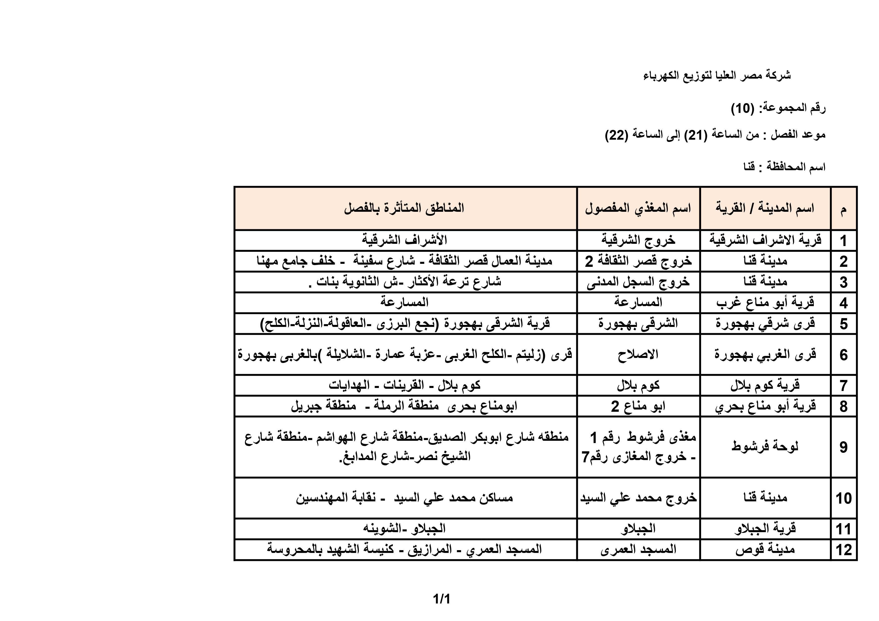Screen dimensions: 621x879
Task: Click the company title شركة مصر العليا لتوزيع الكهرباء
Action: (x=717, y=75)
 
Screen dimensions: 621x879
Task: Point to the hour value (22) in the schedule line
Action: (x=616, y=135)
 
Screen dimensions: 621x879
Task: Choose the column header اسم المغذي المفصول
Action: (x=638, y=209)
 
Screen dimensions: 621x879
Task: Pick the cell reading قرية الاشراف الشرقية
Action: (x=765, y=240)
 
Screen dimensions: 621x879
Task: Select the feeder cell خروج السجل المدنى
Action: (x=638, y=282)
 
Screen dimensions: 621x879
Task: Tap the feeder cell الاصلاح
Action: (x=638, y=354)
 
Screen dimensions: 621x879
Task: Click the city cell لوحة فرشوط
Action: (x=765, y=446)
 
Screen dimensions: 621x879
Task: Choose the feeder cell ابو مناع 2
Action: (x=638, y=406)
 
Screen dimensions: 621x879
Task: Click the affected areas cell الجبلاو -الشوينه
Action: (x=404, y=529)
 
